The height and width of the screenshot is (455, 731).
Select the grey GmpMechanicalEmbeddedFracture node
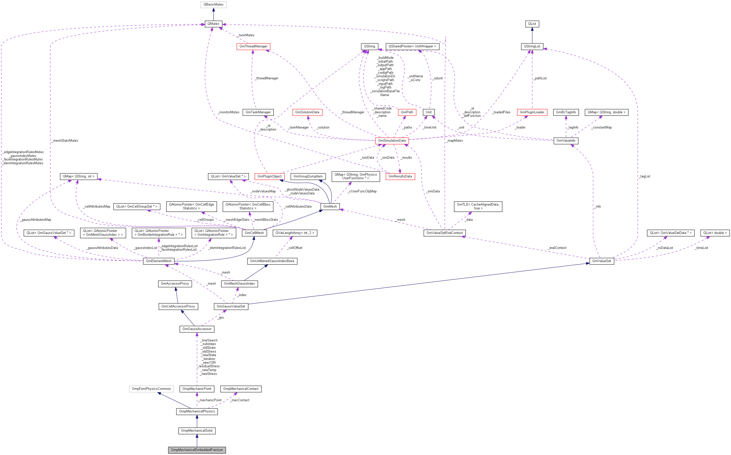point(197,450)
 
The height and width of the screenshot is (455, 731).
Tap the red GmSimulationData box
point(392,140)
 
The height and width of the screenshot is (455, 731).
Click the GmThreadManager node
point(253,46)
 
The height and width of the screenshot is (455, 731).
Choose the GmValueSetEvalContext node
point(444,233)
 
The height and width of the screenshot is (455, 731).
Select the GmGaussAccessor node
point(197,329)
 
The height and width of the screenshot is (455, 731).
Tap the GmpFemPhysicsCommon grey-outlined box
point(151,389)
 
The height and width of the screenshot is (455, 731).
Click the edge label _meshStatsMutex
point(65,140)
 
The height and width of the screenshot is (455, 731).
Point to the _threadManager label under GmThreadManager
point(267,78)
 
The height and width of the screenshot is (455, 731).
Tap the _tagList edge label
point(645,176)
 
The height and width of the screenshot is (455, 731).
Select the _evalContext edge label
point(557,248)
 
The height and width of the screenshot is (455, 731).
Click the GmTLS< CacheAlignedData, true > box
point(478,206)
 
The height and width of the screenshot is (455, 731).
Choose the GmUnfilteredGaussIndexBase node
point(272,261)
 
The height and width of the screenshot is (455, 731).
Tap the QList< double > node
point(715,233)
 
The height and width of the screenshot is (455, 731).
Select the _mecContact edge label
point(240,400)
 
